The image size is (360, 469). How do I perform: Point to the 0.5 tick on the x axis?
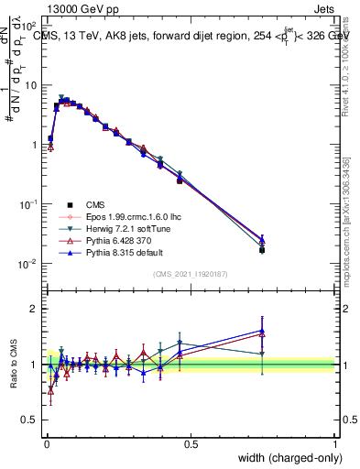click(191, 444)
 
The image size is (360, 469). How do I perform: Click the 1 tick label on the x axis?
click(335, 444)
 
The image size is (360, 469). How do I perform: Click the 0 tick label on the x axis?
click(46, 444)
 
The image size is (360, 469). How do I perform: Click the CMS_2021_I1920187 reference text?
click(190, 273)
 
